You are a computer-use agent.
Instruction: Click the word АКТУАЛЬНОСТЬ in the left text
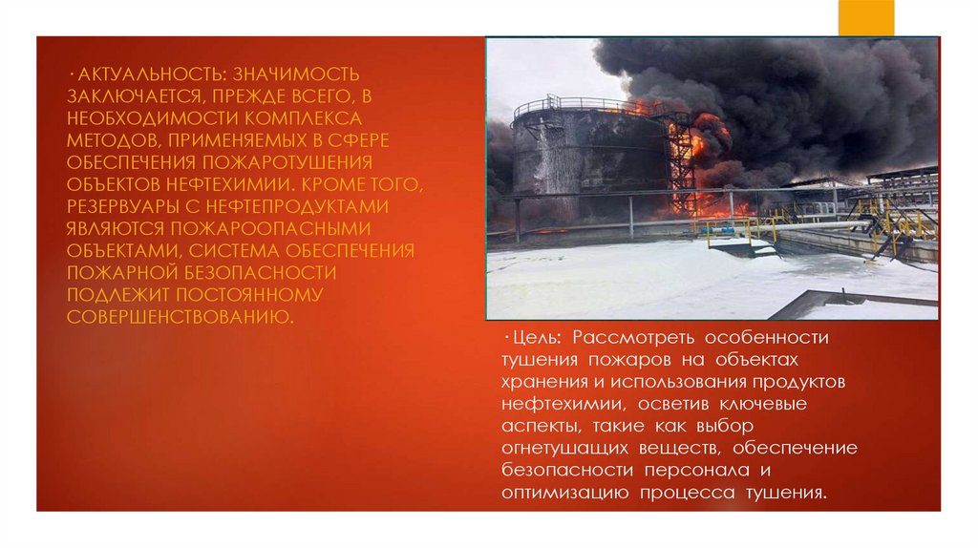tap(139, 74)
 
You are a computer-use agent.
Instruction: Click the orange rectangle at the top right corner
tap(865, 16)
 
